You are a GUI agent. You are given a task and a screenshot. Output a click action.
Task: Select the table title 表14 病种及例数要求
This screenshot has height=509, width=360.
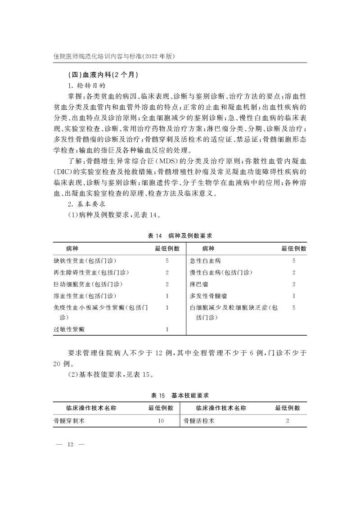point(180,235)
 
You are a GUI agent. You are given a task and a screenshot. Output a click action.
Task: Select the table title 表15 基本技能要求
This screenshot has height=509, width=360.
point(180,395)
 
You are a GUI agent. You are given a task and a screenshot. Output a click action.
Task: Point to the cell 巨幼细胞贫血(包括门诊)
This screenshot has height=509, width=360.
point(88,284)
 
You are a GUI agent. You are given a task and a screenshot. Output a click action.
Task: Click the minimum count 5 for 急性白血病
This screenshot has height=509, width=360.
point(294,261)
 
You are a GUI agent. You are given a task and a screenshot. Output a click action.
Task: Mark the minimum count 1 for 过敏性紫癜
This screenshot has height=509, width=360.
point(167,329)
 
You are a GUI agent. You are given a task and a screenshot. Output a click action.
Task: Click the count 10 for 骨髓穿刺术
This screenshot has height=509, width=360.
point(161,421)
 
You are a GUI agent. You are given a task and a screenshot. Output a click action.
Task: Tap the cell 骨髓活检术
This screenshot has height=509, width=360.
point(198,421)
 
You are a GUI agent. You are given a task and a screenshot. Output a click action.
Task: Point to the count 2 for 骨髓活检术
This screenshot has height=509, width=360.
point(288,421)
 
